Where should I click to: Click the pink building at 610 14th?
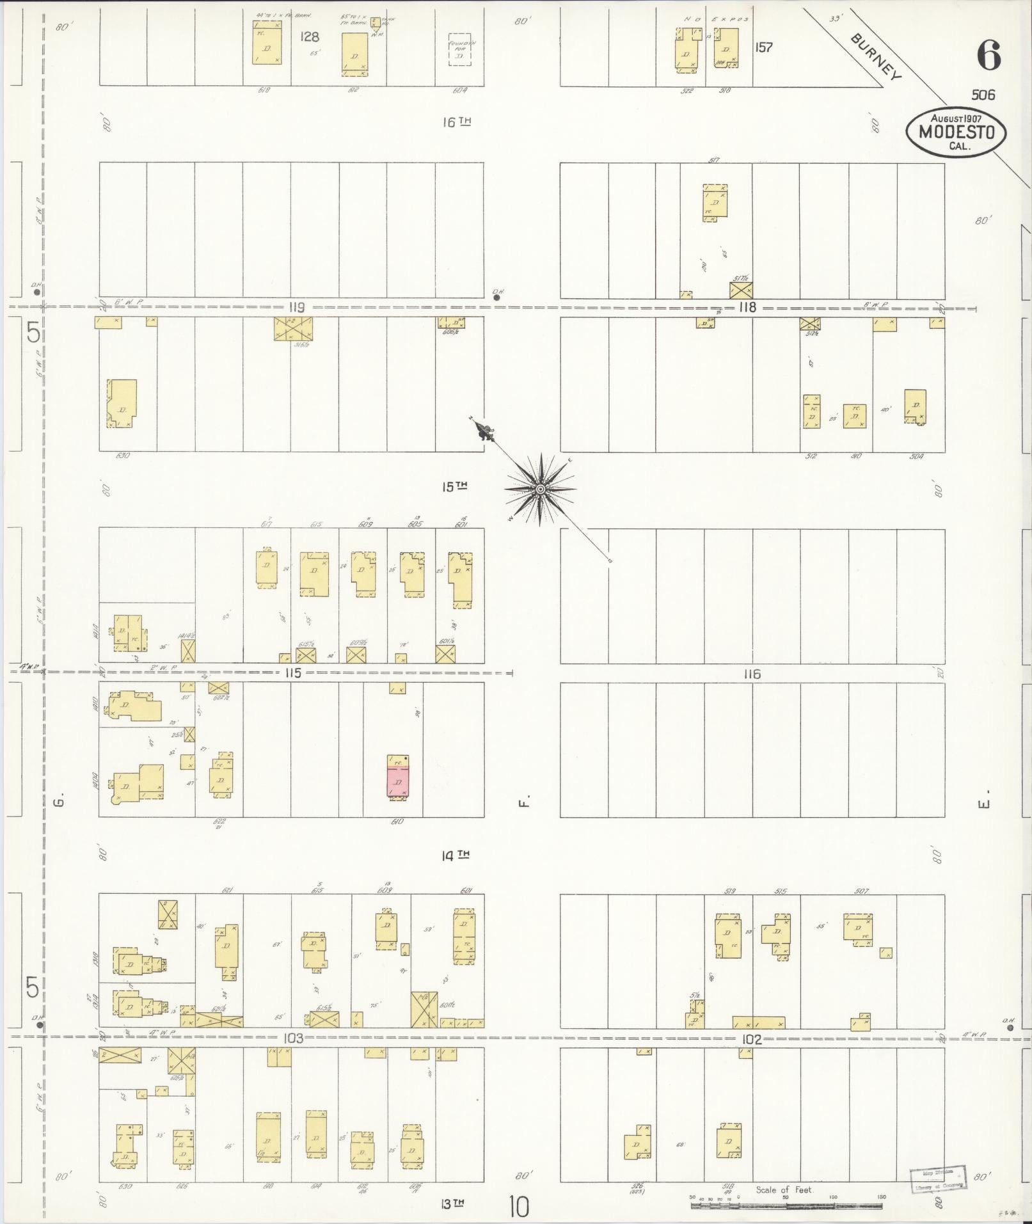pos(398,777)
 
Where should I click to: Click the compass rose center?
pos(540,489)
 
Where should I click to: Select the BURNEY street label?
pos(875,56)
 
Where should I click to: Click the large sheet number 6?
pos(988,56)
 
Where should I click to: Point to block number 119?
pos(296,307)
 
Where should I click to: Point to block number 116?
pos(752,674)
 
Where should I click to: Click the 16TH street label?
pos(456,122)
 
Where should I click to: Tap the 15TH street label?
pos(455,487)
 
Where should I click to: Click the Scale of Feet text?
pos(784,1190)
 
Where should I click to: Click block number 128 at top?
pos(310,37)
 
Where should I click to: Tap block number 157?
pos(763,47)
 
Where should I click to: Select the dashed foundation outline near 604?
pos(459,50)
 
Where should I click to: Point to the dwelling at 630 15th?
pos(122,404)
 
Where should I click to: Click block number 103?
pos(295,1038)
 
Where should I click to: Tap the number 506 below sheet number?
pos(983,95)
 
